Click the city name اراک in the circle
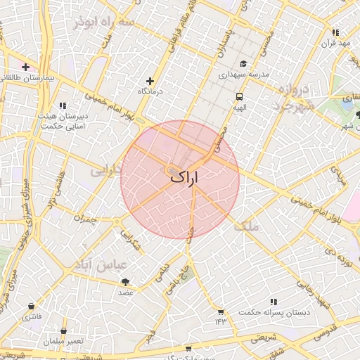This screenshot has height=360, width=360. [x=184, y=179]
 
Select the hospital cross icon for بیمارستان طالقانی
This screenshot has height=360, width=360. [x=25, y=67]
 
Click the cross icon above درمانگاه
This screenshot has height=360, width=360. [x=149, y=81]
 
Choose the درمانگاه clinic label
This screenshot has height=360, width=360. [x=149, y=92]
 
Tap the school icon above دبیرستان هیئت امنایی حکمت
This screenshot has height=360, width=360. [x=64, y=105]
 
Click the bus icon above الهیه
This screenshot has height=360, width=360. [x=239, y=96]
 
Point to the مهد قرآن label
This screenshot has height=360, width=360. [x=335, y=44]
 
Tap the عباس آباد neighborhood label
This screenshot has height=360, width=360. [x=101, y=265]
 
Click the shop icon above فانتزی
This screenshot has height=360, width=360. [x=32, y=307]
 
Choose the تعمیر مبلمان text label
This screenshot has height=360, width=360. [x=63, y=342]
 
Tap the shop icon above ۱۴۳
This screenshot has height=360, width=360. [x=221, y=311]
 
